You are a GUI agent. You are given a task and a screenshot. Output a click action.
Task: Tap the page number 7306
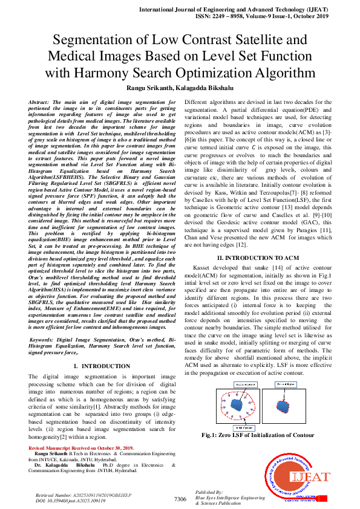(x=180, y=499)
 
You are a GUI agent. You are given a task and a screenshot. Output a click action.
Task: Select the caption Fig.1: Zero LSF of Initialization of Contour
(x=258, y=435)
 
